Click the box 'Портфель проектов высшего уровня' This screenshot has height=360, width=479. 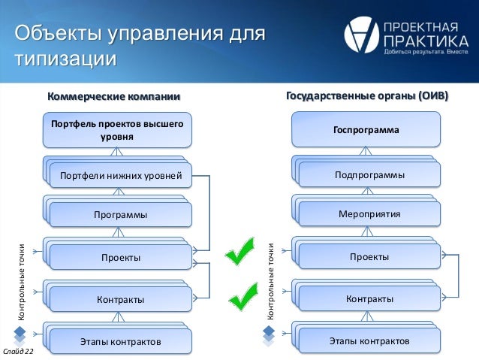116,129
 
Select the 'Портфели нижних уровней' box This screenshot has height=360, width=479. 120,177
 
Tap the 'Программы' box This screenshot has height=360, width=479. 120,215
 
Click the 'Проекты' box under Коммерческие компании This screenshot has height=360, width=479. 120,258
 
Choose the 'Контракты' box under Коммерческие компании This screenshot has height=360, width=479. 120,300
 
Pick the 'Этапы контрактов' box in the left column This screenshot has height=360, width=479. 120,342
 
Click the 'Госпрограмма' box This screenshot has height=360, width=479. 366,130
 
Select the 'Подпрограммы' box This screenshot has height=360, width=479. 369,175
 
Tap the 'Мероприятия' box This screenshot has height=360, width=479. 369,214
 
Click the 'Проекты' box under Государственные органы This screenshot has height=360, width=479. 369,257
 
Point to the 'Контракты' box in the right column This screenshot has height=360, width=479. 369,299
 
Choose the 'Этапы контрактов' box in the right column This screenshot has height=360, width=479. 369,341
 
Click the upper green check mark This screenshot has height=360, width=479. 243,252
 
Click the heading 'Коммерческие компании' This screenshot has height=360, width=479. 114,96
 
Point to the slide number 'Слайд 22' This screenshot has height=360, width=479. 18,352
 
